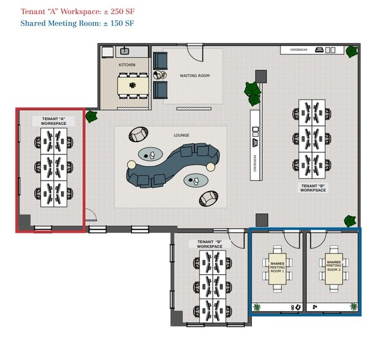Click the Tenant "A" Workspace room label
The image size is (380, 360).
53,121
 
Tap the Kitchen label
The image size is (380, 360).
127,64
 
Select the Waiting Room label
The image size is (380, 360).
194,76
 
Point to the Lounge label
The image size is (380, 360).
181,135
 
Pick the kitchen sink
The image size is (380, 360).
125,51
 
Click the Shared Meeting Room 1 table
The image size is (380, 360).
277,267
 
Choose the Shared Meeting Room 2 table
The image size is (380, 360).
333,267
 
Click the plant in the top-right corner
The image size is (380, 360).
352,52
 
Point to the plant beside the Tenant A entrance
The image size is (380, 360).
92,116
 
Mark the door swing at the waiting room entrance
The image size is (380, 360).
195,52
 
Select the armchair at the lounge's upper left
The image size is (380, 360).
139,134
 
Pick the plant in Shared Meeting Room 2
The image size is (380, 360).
353,306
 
